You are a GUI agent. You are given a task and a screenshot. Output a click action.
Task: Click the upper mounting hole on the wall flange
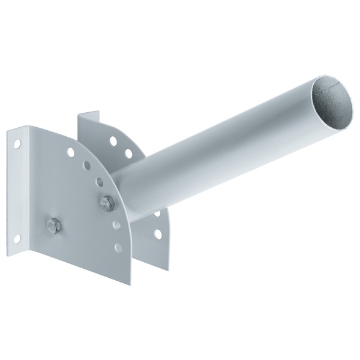(x=17, y=144)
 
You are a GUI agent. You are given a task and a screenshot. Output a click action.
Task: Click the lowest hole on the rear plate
(x=158, y=234)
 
